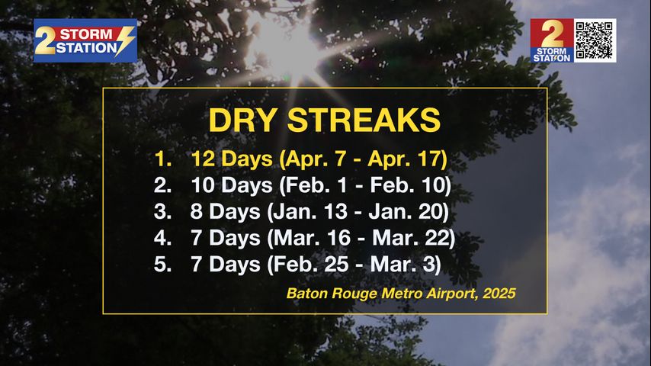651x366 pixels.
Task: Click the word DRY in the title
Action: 243,120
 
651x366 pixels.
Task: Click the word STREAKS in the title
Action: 364,120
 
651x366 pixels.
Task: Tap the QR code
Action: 595,40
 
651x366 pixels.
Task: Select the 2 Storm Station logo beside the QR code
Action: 552,40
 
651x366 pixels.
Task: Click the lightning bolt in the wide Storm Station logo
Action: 125,40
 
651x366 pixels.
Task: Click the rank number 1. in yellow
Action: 163,159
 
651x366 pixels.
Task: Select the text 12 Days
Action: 232,159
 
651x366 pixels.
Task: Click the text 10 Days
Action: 232,185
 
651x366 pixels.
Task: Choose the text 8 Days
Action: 225,211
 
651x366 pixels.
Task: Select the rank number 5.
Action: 163,265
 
